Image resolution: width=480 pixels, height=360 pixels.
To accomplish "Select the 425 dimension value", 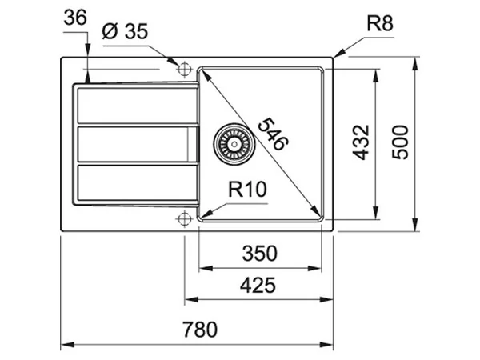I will coord(258,284).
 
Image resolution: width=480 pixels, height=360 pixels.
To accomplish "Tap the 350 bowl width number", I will coord(260,254).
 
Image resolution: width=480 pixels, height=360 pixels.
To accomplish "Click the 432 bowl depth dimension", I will coord(361,142).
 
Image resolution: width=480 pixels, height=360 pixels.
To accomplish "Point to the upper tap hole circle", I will coord(185,65).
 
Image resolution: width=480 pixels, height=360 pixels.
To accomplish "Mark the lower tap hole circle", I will coord(185,217).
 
